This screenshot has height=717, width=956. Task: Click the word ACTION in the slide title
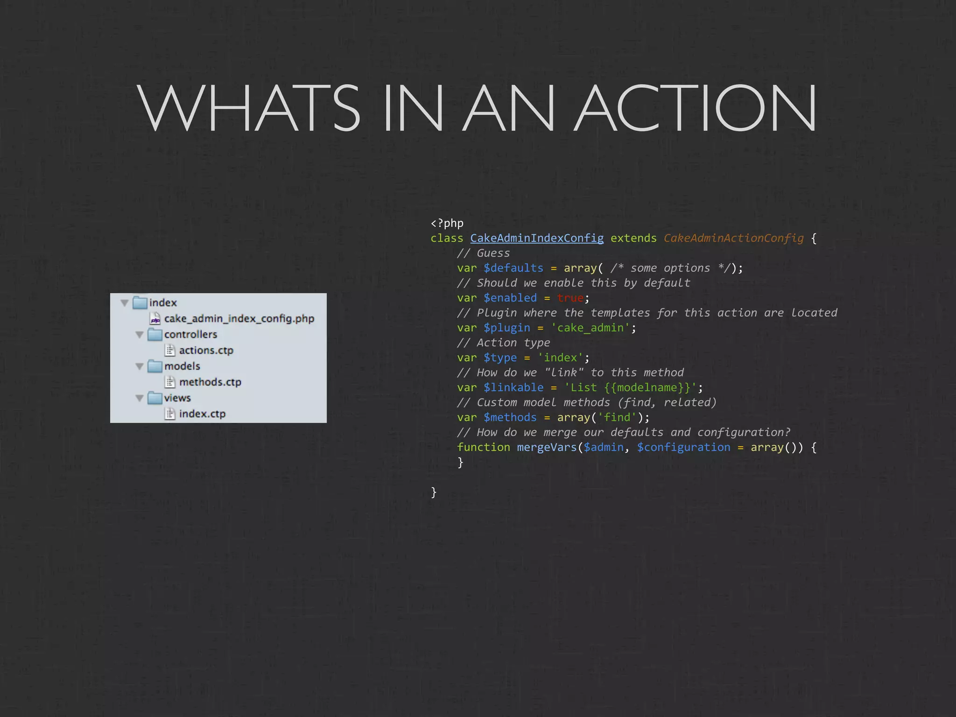696,108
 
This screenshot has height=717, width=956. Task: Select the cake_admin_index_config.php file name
239,318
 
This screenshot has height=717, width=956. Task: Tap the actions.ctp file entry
206,350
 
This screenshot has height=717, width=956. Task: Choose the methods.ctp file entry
210,382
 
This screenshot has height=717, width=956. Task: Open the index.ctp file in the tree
202,414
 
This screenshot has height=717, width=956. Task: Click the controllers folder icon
155,334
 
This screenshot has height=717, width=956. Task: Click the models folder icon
155,366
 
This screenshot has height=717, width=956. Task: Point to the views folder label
177,398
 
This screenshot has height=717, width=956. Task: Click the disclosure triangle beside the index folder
125,303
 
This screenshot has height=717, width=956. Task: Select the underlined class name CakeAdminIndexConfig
537,238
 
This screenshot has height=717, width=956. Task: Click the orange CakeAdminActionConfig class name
733,238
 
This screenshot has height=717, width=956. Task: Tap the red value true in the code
570,298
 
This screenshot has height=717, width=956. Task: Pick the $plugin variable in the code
507,328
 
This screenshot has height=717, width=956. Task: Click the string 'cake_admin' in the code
590,328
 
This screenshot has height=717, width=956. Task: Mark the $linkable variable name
513,387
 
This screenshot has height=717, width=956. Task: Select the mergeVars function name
547,447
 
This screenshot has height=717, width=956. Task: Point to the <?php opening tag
447,223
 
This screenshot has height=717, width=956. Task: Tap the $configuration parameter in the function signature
683,447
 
